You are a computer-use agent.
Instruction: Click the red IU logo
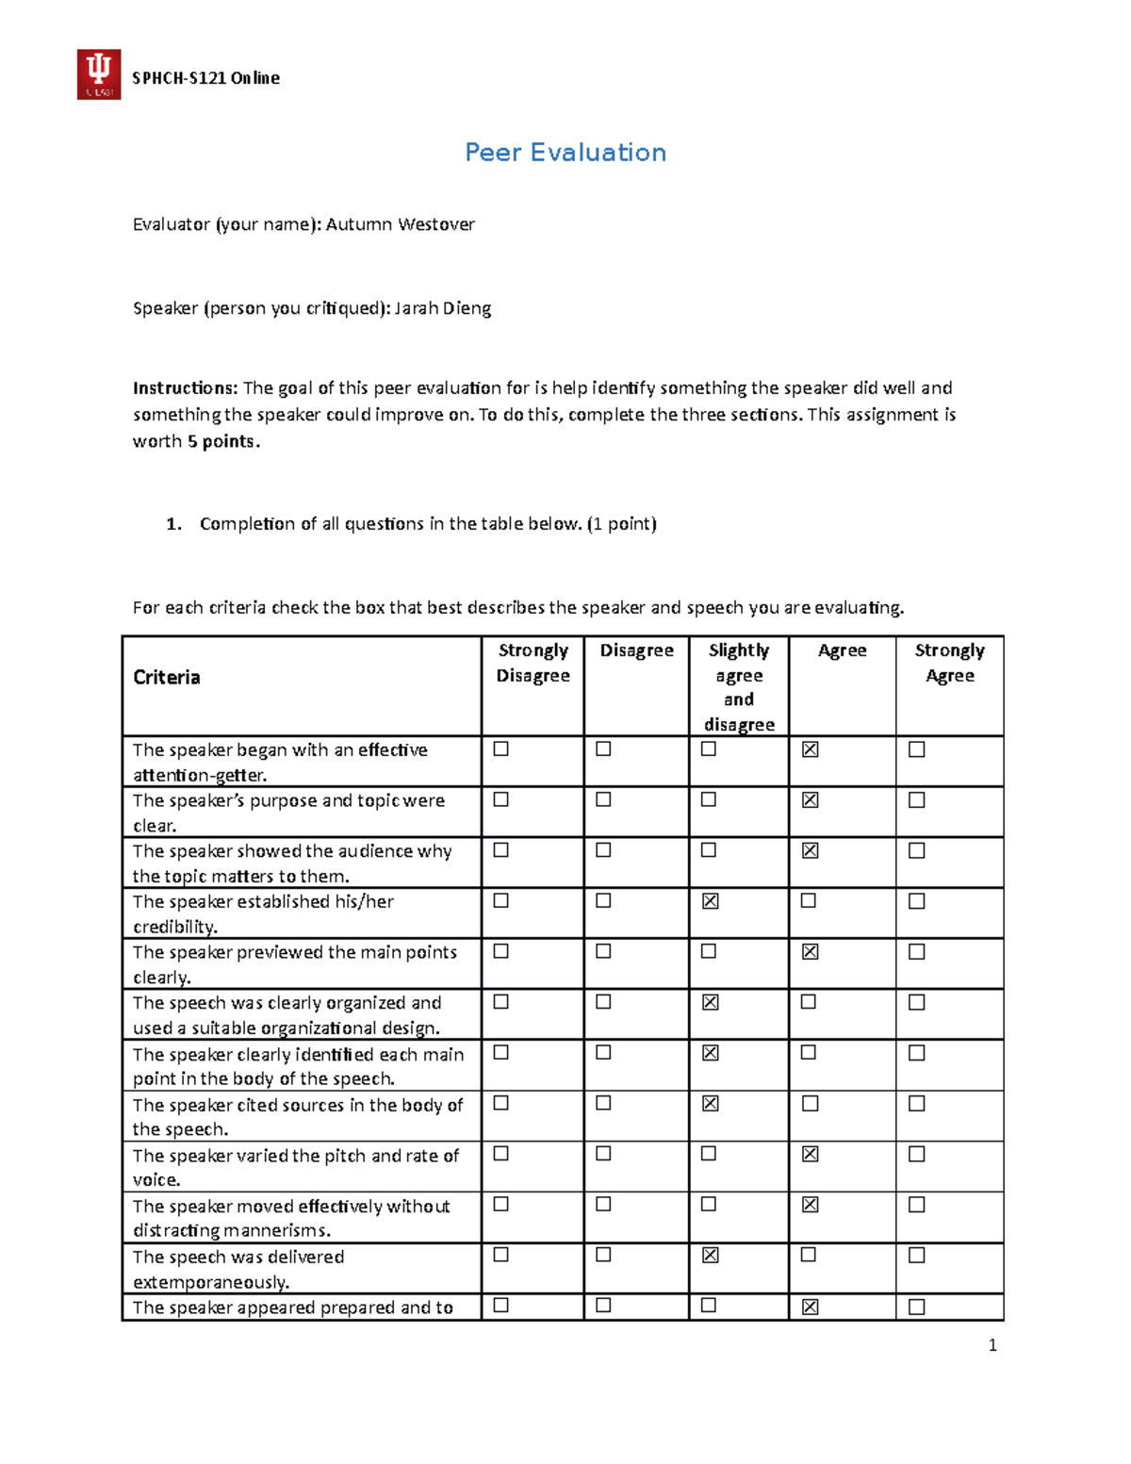point(98,74)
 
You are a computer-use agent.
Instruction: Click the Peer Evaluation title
point(565,153)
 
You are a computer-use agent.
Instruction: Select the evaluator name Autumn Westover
point(400,224)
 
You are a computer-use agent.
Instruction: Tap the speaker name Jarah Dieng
point(442,308)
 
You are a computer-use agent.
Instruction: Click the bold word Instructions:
point(186,387)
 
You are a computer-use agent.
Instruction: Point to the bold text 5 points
point(221,441)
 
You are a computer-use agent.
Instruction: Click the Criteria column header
point(167,677)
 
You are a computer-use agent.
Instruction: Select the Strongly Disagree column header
point(533,663)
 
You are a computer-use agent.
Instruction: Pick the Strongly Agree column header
point(949,663)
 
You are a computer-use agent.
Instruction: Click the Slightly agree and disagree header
point(739,686)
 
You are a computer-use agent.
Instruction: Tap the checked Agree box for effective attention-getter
point(810,749)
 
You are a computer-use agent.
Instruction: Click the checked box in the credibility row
point(711,901)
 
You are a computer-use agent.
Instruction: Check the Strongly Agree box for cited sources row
point(916,1103)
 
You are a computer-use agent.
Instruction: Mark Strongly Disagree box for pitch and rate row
point(501,1153)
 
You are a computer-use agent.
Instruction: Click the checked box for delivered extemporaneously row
point(711,1255)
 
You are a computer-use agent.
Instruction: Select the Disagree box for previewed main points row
point(603,951)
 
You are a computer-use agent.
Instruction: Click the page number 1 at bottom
point(992,1345)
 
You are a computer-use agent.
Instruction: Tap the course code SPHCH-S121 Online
point(205,78)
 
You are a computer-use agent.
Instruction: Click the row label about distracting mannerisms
point(292,1218)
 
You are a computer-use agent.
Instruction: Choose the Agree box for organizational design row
point(809,1002)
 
